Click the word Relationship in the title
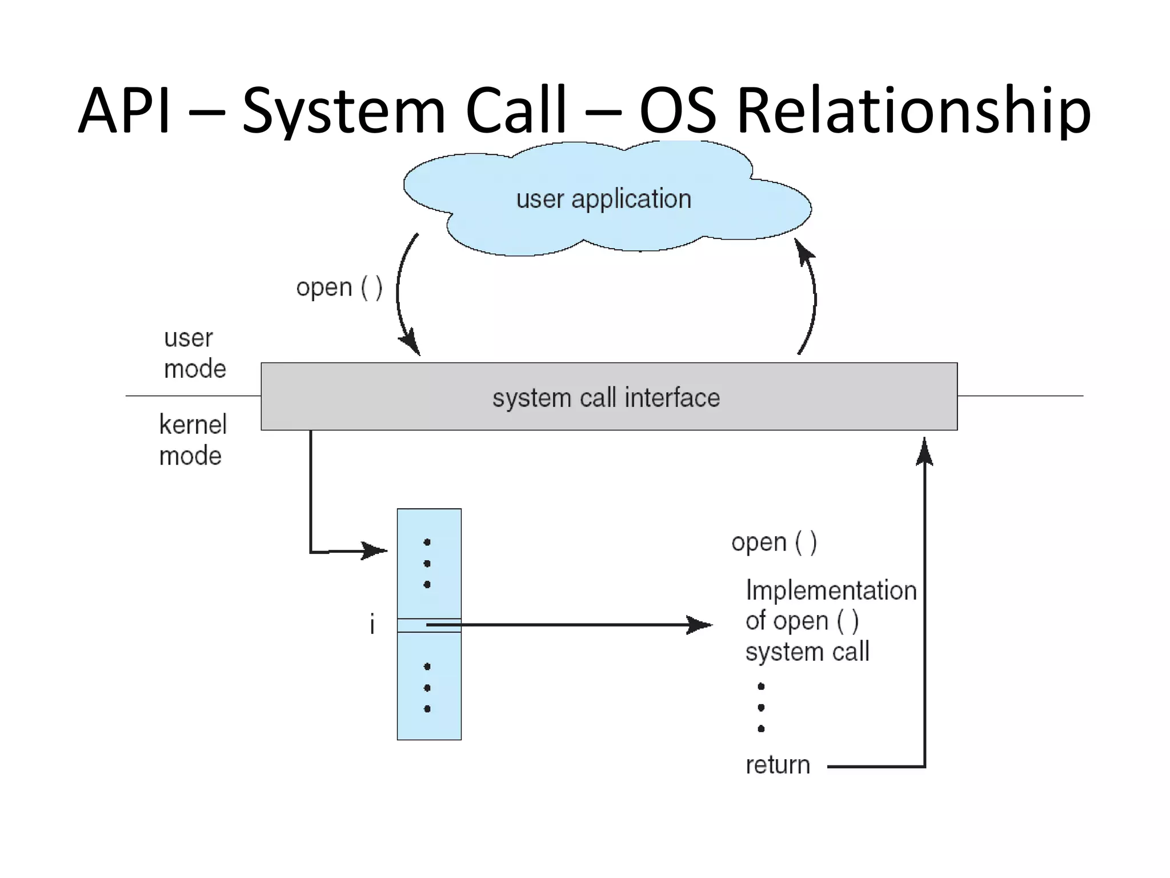(914, 111)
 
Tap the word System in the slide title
(343, 111)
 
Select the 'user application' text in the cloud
(604, 199)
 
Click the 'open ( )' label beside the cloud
(339, 287)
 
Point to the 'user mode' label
(194, 353)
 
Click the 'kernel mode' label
(193, 440)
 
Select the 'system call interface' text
(606, 398)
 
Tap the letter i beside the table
(372, 624)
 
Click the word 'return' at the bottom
(778, 765)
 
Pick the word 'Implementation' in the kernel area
(831, 590)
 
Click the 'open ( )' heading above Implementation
(774, 542)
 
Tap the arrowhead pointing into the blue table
(376, 551)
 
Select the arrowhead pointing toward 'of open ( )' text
(700, 625)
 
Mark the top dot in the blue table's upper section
(427, 542)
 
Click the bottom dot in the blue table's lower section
(427, 709)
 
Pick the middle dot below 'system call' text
(761, 708)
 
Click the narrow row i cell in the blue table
(429, 625)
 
